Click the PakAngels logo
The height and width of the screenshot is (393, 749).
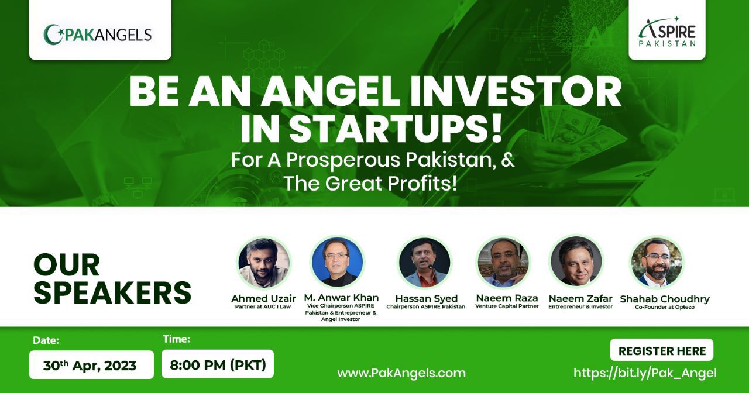pos(98,34)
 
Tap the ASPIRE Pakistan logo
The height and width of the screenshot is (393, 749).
pos(668,32)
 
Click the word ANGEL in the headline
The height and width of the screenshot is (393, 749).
pos(330,92)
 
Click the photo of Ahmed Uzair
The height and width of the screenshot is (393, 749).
pos(264,263)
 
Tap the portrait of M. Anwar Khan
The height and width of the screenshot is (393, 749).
pos(338,261)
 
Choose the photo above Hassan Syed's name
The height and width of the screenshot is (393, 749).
pos(425,263)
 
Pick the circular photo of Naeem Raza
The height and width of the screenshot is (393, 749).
pos(503,263)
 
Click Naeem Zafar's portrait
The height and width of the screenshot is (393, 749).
pos(576,261)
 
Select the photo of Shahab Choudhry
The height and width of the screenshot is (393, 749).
pos(657,263)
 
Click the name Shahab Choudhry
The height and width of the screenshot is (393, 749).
pos(665,299)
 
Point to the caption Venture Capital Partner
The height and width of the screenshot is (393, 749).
pos(507,306)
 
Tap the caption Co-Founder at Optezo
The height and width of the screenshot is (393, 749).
pos(665,307)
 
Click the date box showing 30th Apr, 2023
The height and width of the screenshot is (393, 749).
pos(91,364)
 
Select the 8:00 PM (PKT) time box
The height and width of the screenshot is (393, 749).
pos(218,364)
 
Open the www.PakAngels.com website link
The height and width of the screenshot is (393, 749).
pos(401,373)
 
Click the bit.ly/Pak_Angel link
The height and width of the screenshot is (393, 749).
pos(645,373)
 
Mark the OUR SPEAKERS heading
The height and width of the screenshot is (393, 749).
pos(112,278)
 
